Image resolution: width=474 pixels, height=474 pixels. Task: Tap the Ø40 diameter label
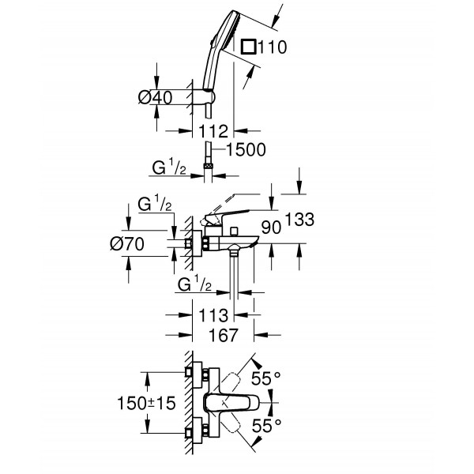click(x=154, y=96)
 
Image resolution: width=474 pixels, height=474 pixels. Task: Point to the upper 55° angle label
click(x=266, y=378)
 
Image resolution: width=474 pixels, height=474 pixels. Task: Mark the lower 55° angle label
click(x=266, y=427)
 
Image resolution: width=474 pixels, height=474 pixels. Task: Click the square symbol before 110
click(x=250, y=48)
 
